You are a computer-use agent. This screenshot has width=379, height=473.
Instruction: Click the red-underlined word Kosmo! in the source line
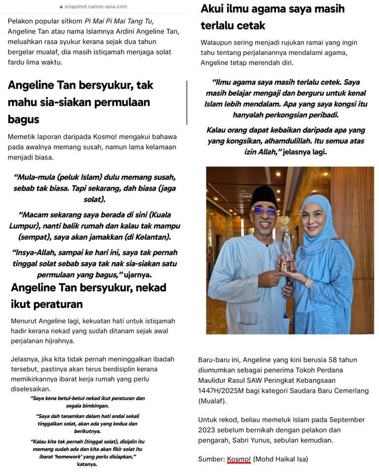pyautogui.click(x=239, y=459)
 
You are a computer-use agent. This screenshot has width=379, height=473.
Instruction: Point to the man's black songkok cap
pyautogui.click(x=264, y=196)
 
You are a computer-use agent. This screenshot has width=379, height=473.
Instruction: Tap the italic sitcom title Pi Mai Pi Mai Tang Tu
pyautogui.click(x=118, y=21)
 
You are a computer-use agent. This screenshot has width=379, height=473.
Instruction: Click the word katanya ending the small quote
pyautogui.click(x=88, y=464)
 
